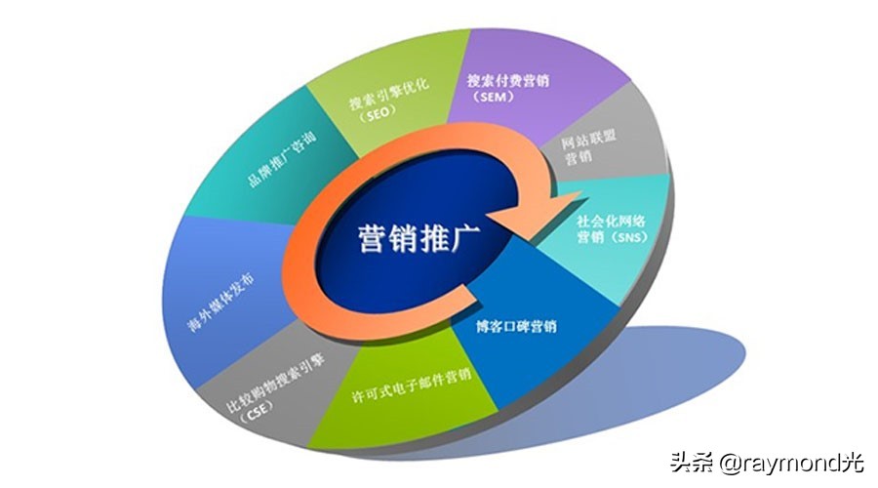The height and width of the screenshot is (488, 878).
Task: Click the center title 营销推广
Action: (x=418, y=239)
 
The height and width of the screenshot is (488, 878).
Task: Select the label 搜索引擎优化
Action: (x=389, y=94)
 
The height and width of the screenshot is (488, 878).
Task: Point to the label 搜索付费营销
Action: (x=508, y=80)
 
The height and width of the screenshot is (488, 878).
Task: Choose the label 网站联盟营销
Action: (x=588, y=147)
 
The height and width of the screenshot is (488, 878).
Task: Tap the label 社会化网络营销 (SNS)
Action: (x=612, y=228)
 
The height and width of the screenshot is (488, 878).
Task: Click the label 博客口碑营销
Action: (x=516, y=326)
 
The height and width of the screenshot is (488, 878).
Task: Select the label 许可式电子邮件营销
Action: (x=412, y=386)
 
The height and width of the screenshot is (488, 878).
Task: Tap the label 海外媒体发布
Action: (x=221, y=302)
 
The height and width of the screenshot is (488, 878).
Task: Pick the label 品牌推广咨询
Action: (x=282, y=159)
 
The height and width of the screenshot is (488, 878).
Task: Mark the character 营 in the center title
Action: (x=372, y=239)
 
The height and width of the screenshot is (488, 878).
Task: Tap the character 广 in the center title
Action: (x=464, y=239)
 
